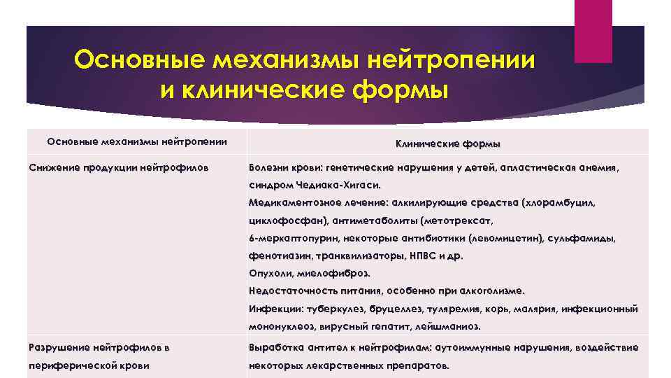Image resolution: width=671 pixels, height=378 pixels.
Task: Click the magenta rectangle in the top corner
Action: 592,31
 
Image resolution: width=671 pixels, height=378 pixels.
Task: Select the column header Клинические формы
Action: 447,143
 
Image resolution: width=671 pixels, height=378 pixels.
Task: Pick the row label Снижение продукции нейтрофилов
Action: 118,168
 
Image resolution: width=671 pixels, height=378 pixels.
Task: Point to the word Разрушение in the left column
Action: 59,347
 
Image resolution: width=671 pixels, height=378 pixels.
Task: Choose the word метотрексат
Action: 457,221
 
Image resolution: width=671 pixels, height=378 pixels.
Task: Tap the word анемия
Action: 598,168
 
